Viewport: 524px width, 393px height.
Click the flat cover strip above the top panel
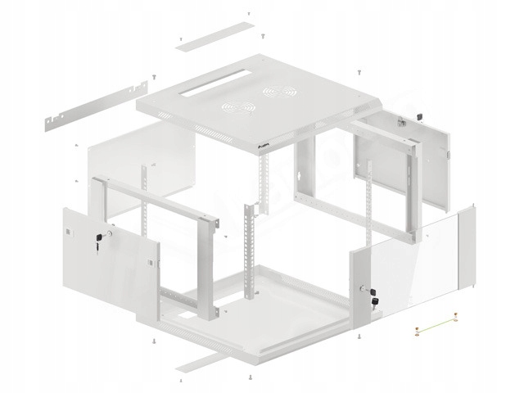coord(210,35)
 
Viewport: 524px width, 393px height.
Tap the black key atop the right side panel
coord(419,116)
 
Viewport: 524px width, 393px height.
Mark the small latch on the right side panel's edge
coord(449,154)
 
